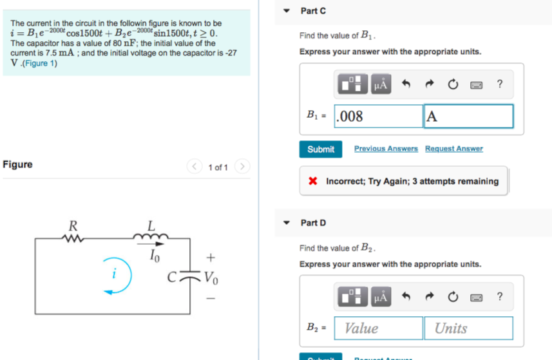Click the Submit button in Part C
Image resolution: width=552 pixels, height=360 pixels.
(x=321, y=149)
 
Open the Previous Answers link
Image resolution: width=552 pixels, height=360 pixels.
(x=386, y=149)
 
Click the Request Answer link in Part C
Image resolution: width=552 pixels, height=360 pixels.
(x=453, y=149)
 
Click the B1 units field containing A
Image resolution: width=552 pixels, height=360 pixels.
(x=468, y=117)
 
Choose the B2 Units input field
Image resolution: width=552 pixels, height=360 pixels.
(x=468, y=328)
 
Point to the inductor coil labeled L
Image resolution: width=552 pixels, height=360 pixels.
(x=151, y=237)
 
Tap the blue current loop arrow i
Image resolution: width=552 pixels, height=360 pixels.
(x=116, y=278)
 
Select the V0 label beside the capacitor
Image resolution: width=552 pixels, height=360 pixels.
(x=211, y=278)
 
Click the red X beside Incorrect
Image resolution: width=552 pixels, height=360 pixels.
(x=312, y=182)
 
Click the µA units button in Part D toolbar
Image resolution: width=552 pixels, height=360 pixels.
(x=381, y=297)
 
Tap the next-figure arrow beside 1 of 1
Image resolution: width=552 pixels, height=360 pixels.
(x=242, y=167)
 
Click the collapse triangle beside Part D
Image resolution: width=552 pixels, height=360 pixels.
(x=288, y=223)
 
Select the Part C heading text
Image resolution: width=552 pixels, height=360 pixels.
(x=313, y=11)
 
